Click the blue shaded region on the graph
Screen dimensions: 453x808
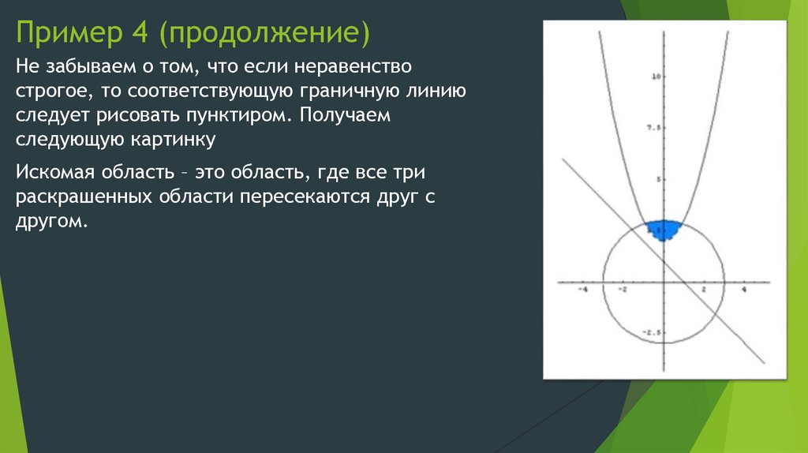click(663, 230)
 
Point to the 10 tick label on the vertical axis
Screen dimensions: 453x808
click(655, 77)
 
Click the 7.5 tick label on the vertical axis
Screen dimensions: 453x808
click(653, 127)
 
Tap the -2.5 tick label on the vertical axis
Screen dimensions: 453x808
click(651, 332)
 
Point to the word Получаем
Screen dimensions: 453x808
click(344, 116)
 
